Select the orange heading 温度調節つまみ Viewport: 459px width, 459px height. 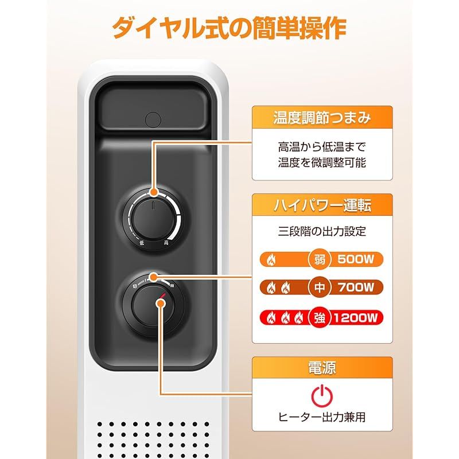click(x=322, y=119)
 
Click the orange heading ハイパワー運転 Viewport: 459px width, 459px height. click(x=322, y=204)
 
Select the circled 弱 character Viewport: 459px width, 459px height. click(x=320, y=260)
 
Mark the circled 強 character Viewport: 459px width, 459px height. click(x=320, y=317)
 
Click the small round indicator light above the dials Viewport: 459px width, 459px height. click(x=153, y=119)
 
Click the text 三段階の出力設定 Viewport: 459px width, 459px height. click(x=322, y=232)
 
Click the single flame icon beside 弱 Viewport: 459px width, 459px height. click(x=272, y=260)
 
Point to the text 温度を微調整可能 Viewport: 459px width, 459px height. click(x=322, y=163)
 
